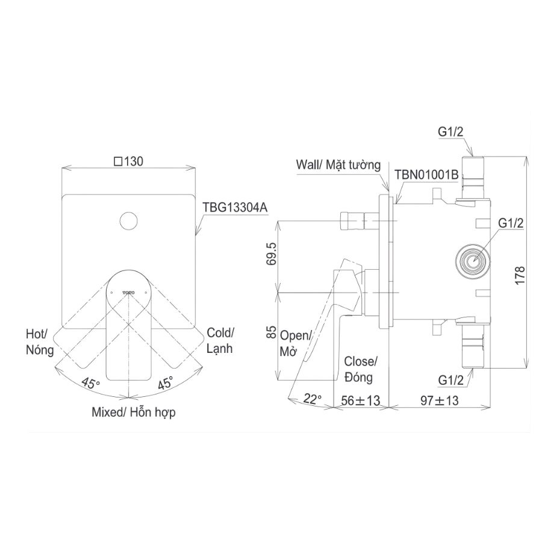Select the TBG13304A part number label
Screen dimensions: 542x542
pos(235,207)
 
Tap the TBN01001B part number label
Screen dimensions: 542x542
pos(427,175)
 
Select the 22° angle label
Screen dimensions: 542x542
pos(312,397)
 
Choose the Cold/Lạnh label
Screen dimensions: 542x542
pos(220,340)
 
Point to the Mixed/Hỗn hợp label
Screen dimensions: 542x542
pos(134,413)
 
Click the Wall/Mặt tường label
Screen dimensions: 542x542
pos(339,164)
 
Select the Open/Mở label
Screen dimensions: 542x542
pos(294,343)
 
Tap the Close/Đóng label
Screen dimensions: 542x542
pos(360,369)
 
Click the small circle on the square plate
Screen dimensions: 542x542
pos(128,222)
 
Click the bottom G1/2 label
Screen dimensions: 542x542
pos(451,381)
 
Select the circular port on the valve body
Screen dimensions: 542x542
pos(472,261)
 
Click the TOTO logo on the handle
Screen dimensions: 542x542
pos(129,290)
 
